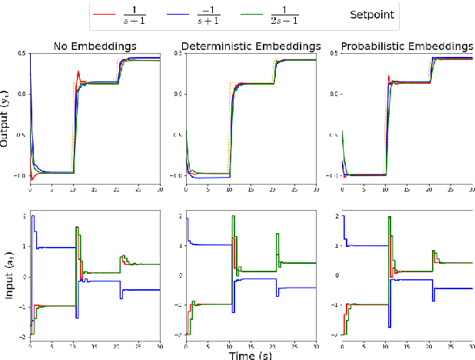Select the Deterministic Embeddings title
point(251,45)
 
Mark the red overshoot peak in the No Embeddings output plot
point(78,72)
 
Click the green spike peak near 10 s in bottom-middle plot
point(233,217)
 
